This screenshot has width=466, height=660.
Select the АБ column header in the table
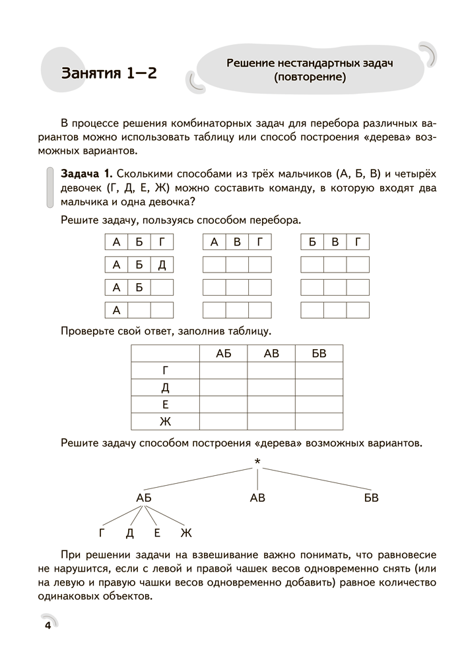click(x=223, y=354)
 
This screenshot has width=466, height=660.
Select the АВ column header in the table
click(x=271, y=354)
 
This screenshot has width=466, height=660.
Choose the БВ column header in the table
click(x=319, y=354)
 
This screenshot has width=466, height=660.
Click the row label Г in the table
click(x=166, y=371)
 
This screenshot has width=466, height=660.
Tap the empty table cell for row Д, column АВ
click(x=271, y=388)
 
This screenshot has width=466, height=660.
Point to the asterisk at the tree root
click(x=257, y=462)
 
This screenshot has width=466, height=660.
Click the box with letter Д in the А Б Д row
click(x=162, y=265)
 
